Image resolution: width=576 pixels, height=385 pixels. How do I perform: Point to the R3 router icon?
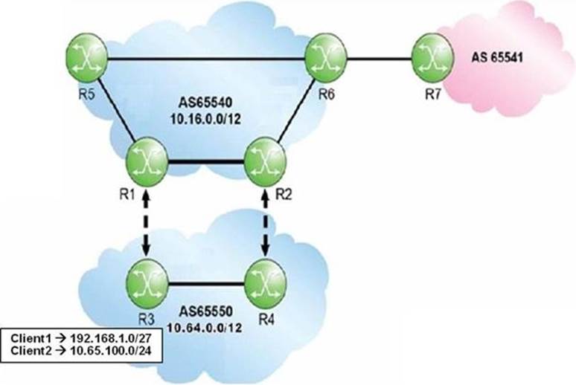coord(147,282)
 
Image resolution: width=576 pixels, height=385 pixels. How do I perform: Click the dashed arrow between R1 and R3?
coord(147,223)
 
